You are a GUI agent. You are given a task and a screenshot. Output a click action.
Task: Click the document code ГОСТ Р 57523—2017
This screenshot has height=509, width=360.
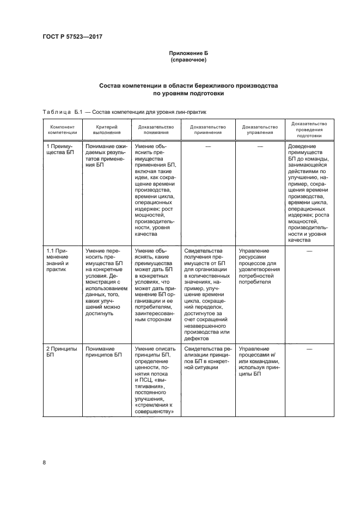click(x=72, y=36)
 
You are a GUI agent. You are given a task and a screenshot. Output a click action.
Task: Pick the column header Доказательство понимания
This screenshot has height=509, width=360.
click(x=156, y=129)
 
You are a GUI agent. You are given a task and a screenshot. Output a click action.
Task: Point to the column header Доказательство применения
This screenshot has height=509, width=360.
click(x=208, y=129)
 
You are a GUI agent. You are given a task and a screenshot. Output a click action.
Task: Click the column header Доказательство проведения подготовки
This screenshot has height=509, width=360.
click(x=309, y=129)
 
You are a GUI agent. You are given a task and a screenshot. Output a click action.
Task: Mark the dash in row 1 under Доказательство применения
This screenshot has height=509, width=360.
click(x=208, y=147)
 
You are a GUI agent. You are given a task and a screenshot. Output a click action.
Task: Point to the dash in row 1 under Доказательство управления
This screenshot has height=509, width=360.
click(x=260, y=147)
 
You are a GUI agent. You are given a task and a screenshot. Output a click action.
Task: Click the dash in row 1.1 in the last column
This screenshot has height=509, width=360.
click(x=309, y=251)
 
